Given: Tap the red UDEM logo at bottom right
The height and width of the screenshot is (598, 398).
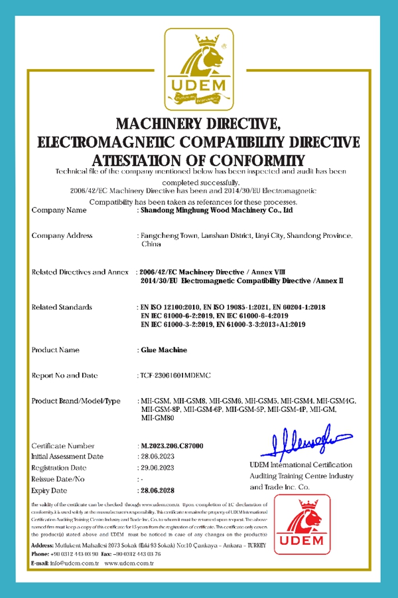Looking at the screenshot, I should pos(302,524).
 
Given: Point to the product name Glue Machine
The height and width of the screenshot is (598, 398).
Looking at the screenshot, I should pos(163,349).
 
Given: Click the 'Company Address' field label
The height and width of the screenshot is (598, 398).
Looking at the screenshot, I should pos(62,236).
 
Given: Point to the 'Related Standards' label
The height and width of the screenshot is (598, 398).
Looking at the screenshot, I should pos(62,307).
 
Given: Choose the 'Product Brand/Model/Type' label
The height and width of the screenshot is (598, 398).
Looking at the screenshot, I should pos(76,401).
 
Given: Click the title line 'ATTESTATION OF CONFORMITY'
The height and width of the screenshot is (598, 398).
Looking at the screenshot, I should pos(199,161).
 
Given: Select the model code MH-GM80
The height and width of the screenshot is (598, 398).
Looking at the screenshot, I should pos(158,419).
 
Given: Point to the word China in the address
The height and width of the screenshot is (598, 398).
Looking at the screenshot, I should pos(151,245).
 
